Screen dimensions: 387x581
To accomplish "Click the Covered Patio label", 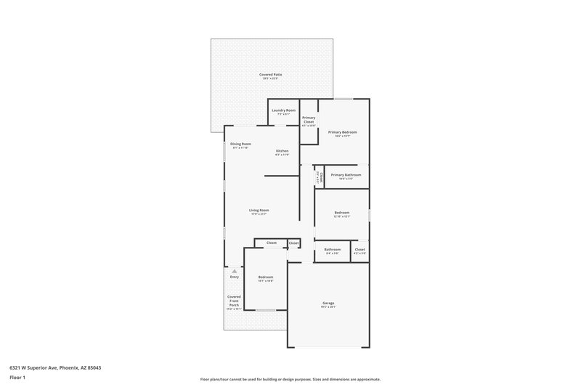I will (271, 75).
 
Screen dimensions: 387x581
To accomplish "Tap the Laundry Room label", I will (284, 110).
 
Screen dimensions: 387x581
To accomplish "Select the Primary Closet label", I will (309, 120).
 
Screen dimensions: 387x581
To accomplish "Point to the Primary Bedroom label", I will (342, 132).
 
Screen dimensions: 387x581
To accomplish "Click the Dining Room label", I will (240, 144).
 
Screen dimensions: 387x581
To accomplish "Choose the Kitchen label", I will (282, 151).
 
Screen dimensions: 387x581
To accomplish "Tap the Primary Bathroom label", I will (346, 175).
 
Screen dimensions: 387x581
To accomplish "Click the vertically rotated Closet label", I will (317, 177).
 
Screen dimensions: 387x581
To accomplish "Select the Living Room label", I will (259, 211).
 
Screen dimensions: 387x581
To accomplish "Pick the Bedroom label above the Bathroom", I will (341, 213).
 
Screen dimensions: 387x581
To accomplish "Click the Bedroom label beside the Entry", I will (266, 277).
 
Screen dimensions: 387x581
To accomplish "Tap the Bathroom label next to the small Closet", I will (333, 250).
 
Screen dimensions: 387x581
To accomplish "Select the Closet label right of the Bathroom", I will (359, 250).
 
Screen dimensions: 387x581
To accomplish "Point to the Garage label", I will (328, 303).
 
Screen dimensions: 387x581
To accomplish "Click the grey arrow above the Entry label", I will (234, 270).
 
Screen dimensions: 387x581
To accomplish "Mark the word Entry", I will (234, 277).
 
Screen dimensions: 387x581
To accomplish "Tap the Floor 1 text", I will (17, 378).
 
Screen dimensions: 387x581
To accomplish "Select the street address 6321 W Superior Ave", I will (55, 367).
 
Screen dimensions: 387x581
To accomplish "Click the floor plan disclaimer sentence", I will (290, 379).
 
